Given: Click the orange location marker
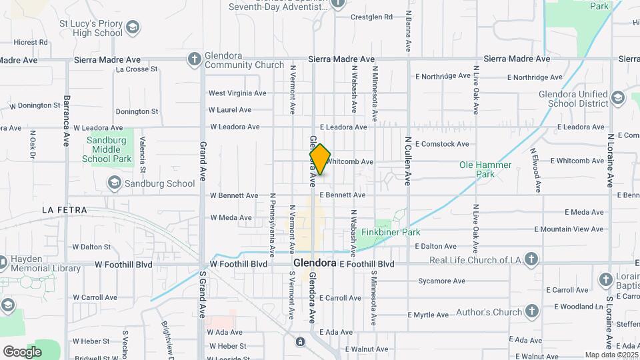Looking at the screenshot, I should click(x=320, y=159).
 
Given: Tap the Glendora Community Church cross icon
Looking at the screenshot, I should click(x=195, y=59).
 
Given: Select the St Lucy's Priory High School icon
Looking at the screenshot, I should click(x=133, y=27).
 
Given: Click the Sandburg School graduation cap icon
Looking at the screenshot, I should click(x=114, y=183).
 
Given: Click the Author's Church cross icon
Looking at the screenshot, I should click(x=531, y=311).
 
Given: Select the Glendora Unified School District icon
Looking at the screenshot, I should click(x=617, y=98).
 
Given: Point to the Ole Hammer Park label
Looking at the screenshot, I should click(x=485, y=169).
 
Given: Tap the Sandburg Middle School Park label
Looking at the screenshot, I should click(x=107, y=150).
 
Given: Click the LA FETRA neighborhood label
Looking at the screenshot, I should click(x=64, y=210).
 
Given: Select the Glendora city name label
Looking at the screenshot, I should click(x=315, y=263).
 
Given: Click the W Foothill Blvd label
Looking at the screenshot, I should click(x=239, y=264).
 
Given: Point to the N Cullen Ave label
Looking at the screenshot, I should click(x=408, y=161).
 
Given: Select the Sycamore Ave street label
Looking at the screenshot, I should click(x=441, y=281).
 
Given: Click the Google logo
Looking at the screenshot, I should click(x=22, y=351).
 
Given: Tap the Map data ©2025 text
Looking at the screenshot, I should click(x=611, y=355).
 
